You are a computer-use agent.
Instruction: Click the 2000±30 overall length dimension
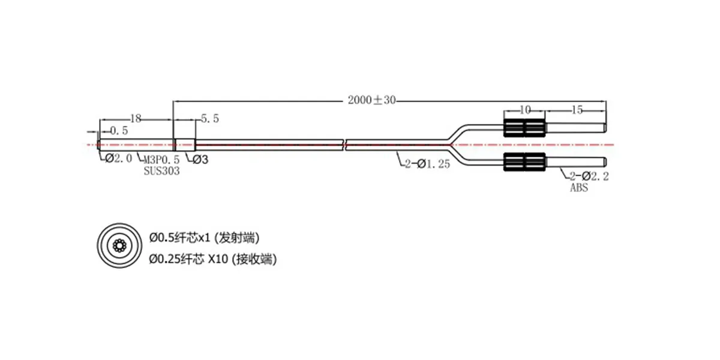point(371,100)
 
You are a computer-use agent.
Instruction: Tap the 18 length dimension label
point(136,119)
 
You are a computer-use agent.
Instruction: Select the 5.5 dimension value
point(210,119)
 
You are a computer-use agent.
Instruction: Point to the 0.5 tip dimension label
point(119,131)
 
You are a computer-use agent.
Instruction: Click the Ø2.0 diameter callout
point(119,158)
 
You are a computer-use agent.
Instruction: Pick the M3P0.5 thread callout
point(161,160)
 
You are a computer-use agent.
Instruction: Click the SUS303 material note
point(161,171)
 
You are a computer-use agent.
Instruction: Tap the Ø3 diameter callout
point(200,160)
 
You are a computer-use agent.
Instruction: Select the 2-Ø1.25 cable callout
point(427,164)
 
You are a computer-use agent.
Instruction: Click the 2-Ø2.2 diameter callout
point(589,176)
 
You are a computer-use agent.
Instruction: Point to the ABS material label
point(579,187)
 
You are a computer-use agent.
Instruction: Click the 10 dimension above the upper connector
point(524,110)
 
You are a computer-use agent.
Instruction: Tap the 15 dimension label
point(577,110)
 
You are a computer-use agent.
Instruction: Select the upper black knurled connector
point(524,128)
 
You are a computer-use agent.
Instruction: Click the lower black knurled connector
point(524,161)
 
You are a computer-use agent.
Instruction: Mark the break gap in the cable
point(344,145)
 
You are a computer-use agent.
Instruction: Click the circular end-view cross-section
point(119,246)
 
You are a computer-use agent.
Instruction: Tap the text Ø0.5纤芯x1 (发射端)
point(205,238)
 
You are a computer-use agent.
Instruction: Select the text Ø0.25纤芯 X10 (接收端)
point(213,259)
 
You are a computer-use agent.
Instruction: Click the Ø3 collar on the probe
point(185,145)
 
